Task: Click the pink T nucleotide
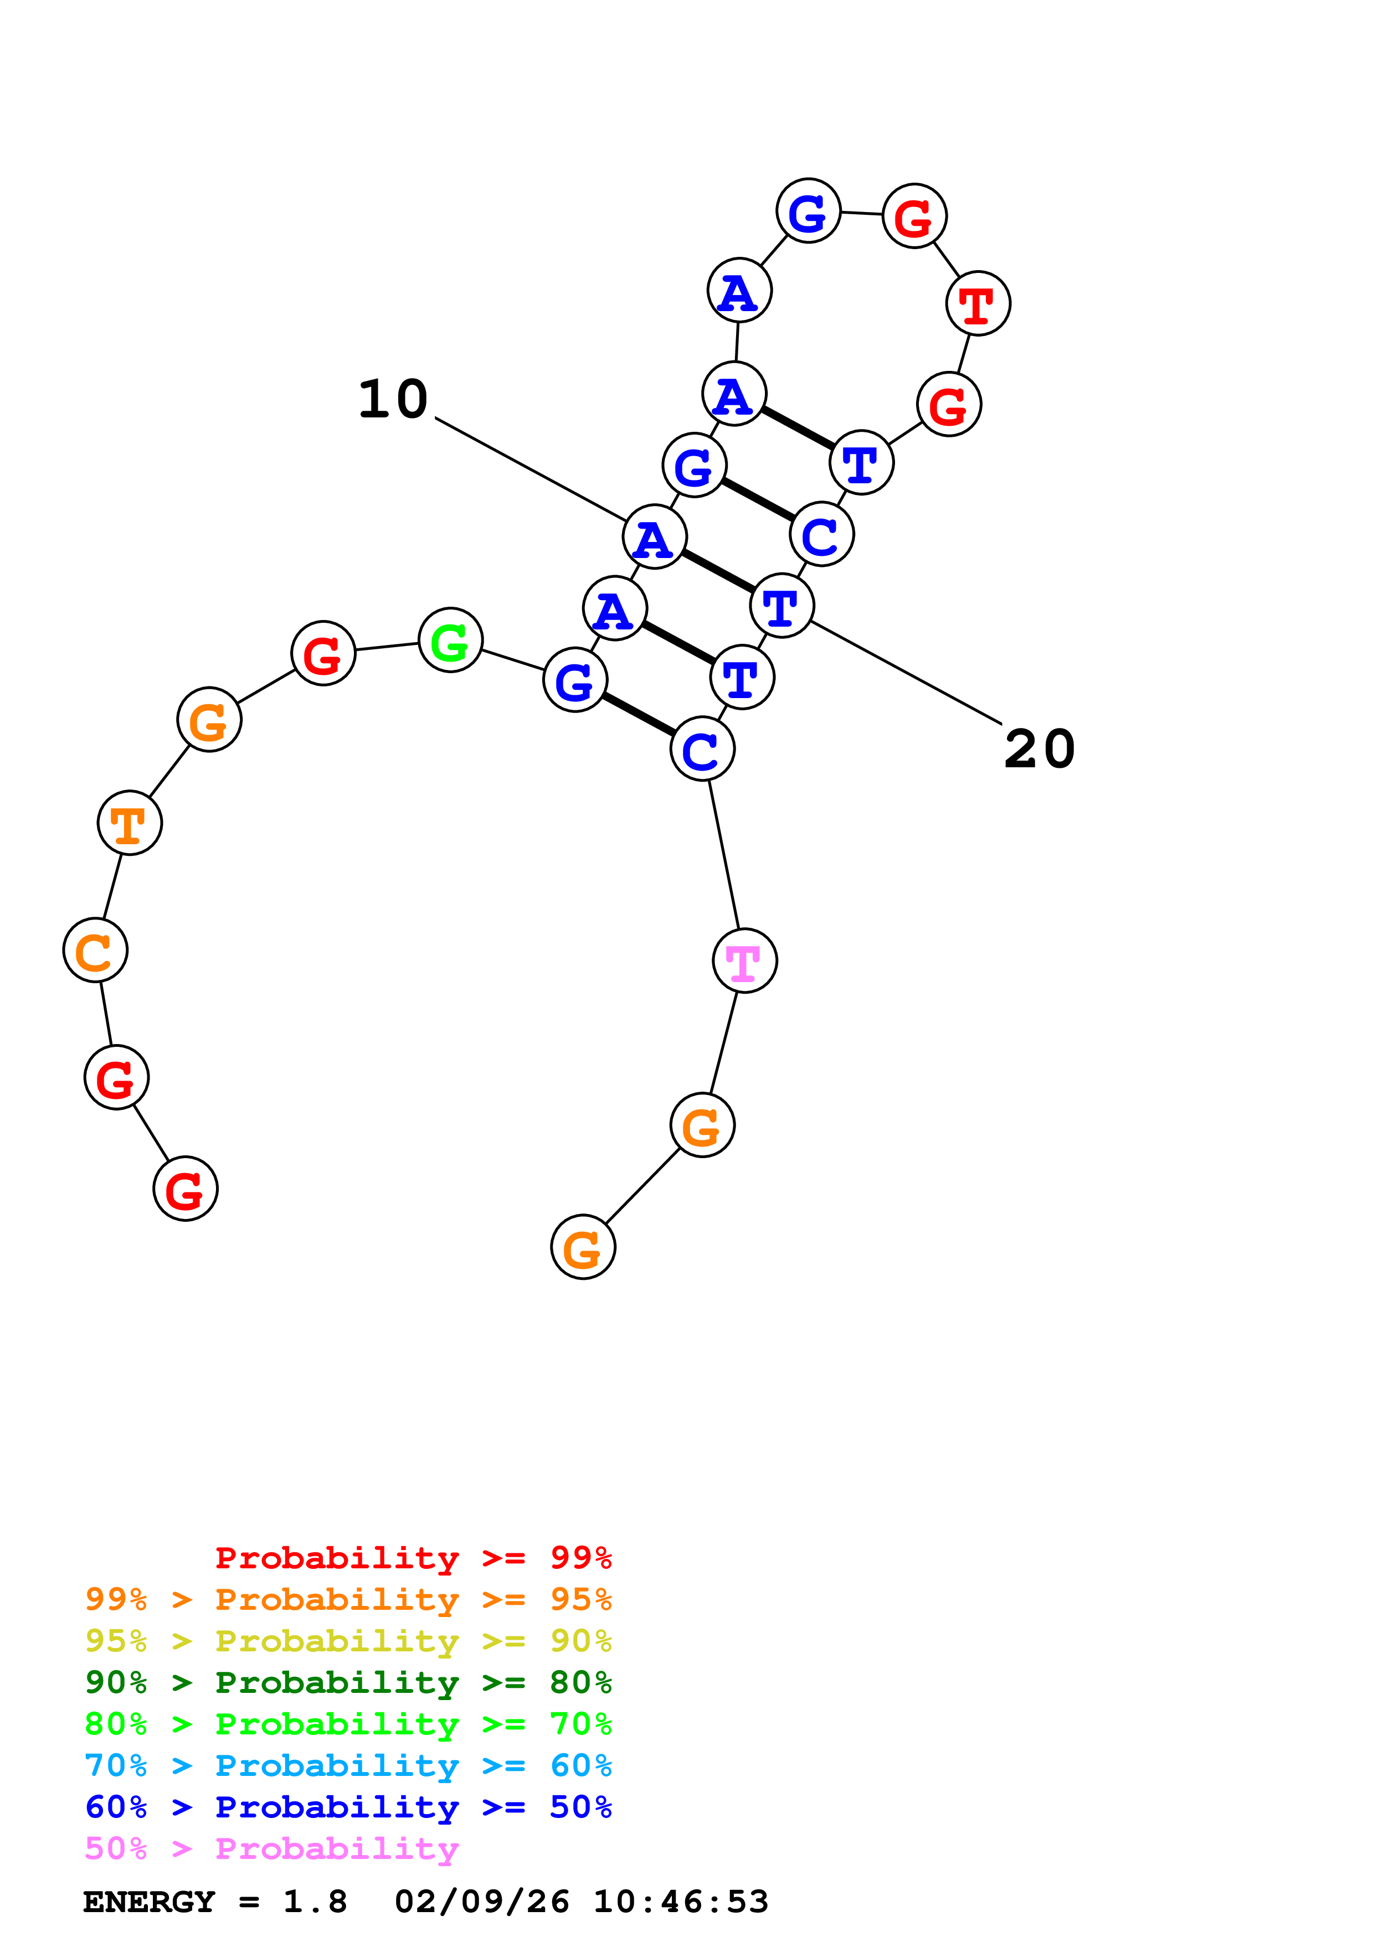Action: pyautogui.click(x=744, y=961)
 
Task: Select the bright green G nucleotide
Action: pyautogui.click(x=450, y=641)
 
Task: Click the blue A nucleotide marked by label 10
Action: pyautogui.click(x=654, y=536)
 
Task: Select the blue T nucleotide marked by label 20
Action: pyautogui.click(x=781, y=606)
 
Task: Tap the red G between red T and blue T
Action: pyautogui.click(x=948, y=405)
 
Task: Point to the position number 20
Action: pyautogui.click(x=1039, y=750)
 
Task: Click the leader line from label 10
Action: pyautogui.click(x=531, y=469)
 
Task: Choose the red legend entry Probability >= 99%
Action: pyautogui.click(x=413, y=1557)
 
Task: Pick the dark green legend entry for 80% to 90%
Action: pyautogui.click(x=348, y=1682)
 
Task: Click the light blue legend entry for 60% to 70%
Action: pyautogui.click(x=348, y=1765)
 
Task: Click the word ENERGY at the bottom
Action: pyautogui.click(x=149, y=1902)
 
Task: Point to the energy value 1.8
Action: pyautogui.click(x=315, y=1902)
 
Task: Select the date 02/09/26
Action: pyautogui.click(x=482, y=1902)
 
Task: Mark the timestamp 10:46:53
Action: pyautogui.click(x=681, y=1902)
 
